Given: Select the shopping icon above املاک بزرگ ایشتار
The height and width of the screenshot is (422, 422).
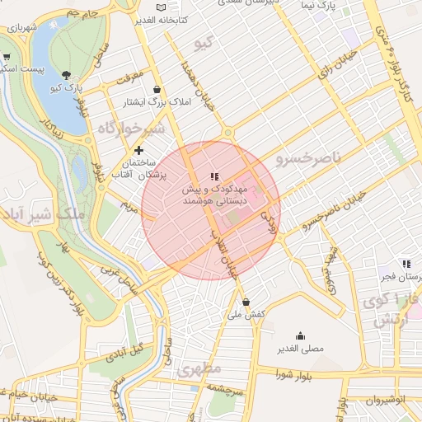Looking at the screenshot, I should (157, 89).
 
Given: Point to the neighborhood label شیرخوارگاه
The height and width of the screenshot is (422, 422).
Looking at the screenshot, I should (132, 129).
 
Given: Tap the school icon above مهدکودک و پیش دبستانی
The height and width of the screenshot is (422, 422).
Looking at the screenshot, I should (214, 176).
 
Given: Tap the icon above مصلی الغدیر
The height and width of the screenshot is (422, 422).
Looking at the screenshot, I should (299, 335).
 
